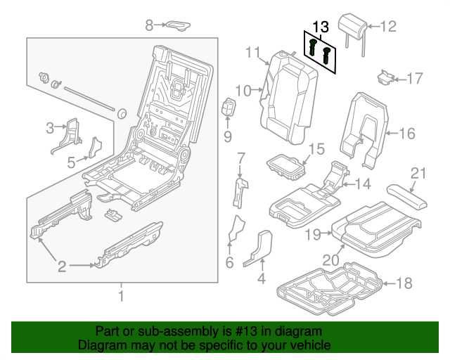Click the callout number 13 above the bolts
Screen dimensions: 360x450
pos(320,27)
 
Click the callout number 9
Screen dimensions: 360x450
pos(228,135)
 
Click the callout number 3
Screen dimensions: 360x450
pos(50,127)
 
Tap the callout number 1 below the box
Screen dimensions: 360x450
pos(120,295)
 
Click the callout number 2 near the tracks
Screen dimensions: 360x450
pos(62,266)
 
